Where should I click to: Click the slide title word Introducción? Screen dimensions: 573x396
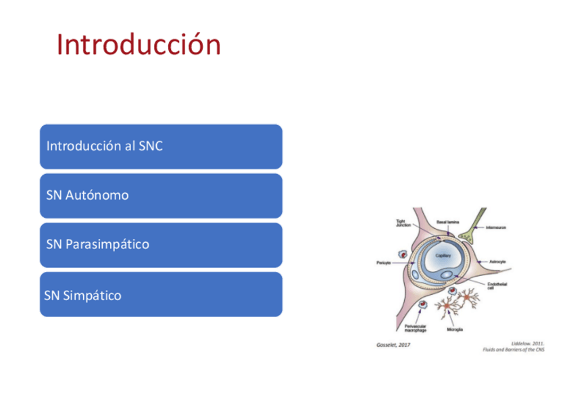coord(139,45)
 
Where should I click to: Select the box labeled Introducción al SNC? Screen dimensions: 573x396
coord(161,146)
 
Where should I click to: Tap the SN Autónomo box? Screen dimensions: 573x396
coord(161,196)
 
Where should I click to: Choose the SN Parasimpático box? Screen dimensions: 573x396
coord(161,244)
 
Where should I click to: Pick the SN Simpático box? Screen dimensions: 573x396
coord(161,295)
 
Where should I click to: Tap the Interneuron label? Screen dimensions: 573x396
coord(497,227)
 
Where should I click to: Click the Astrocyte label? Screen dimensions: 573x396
coord(497,262)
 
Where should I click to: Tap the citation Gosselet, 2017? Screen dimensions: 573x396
coord(393,345)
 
